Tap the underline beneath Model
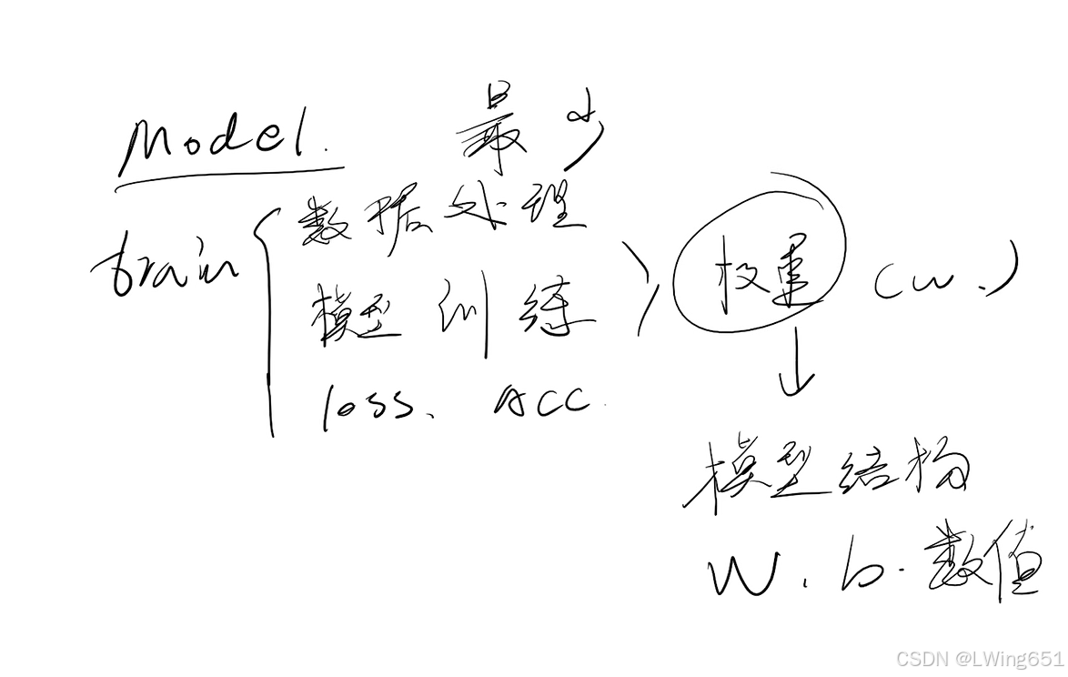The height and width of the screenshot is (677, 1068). click(227, 177)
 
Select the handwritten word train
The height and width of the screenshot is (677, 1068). click(164, 264)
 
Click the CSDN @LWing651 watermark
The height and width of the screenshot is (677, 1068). click(979, 658)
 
